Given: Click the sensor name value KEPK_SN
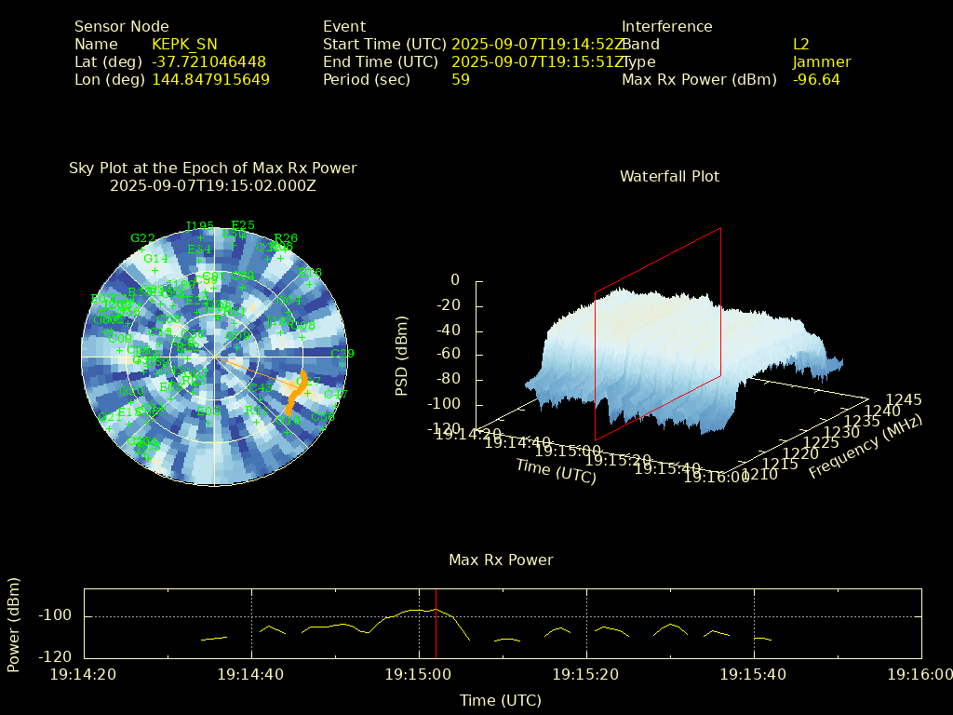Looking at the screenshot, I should (x=184, y=45).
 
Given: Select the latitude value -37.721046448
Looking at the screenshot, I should (x=208, y=62).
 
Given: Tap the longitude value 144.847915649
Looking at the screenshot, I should (x=210, y=80).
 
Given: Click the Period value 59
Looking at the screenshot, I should (x=461, y=80).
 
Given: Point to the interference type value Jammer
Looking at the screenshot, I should (x=822, y=62).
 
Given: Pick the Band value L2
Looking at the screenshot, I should (x=801, y=45).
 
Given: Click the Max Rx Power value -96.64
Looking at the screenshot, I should (x=816, y=80).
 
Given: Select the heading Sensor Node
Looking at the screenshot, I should (x=122, y=27).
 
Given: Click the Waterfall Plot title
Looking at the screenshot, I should (x=669, y=177).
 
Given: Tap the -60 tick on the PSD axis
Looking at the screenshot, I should (x=448, y=355).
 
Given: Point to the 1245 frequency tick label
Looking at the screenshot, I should (x=903, y=400).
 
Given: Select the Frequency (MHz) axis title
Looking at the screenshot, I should (x=865, y=448).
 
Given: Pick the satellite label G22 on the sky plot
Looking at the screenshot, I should (x=142, y=238).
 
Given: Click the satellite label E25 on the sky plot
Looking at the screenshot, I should (x=243, y=225).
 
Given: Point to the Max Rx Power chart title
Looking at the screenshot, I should (x=501, y=560).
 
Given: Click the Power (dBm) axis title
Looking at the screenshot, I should (x=14, y=624).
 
